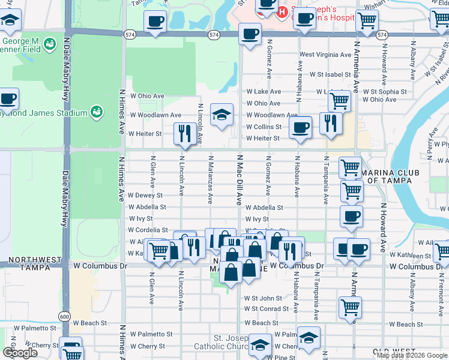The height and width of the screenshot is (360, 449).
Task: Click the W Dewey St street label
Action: tap(145, 196)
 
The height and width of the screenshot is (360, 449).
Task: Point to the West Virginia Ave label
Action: tap(325, 55)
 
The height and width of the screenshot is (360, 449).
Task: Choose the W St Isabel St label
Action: tap(330, 74)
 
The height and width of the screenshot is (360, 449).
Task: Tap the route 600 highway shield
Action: tap(64, 316)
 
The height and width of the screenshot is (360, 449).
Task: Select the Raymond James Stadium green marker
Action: tap(95, 112)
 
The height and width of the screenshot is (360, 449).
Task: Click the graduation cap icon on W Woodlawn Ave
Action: tap(222, 115)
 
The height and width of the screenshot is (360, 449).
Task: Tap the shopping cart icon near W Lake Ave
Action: tap(339, 100)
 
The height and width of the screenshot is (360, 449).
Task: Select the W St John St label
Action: tap(262, 298)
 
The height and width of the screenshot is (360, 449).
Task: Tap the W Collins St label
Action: tap(264, 127)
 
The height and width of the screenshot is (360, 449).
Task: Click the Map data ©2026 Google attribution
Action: tap(412, 355)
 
